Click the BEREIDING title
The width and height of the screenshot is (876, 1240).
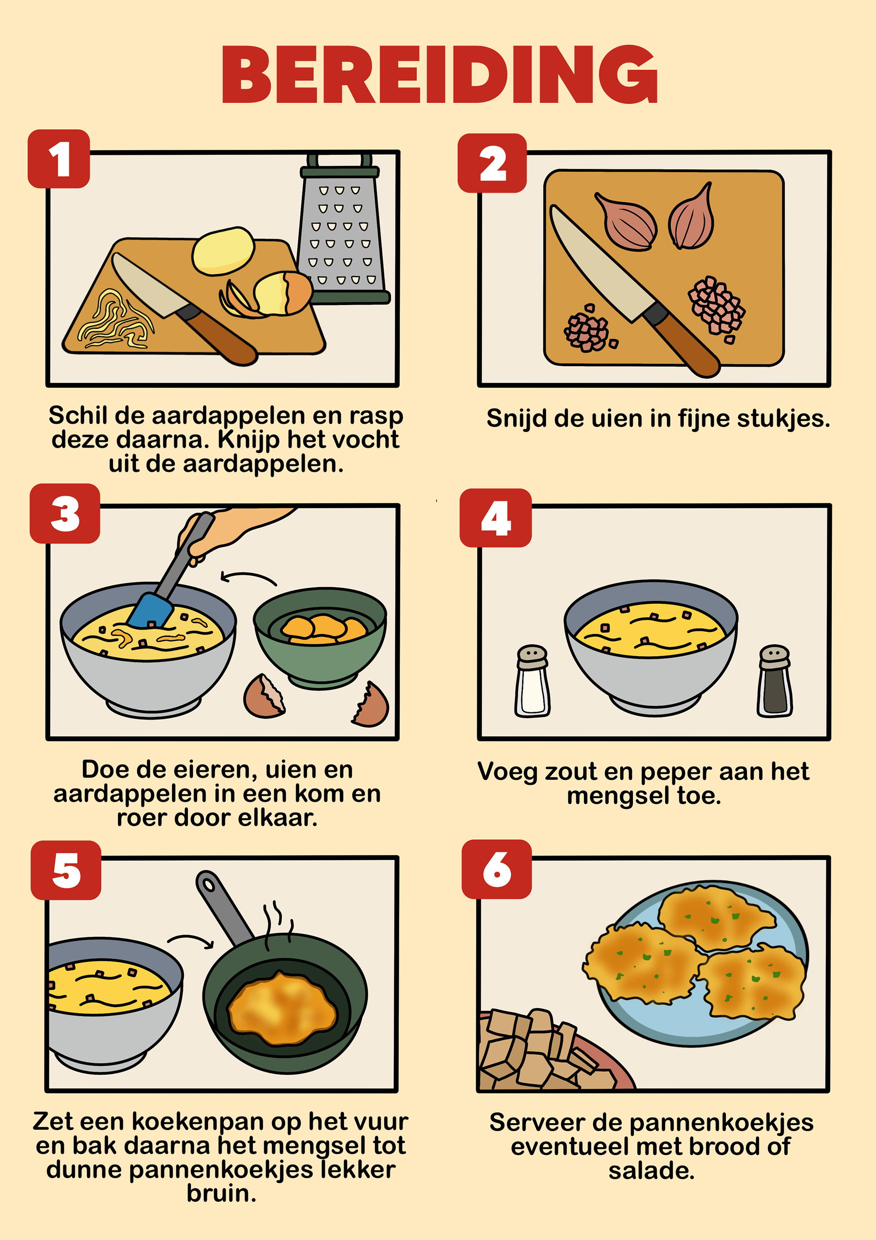[x=439, y=74]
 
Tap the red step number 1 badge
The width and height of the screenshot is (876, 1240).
[x=59, y=159]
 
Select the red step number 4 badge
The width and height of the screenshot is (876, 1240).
[x=495, y=518]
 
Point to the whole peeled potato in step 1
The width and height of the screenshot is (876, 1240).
[x=224, y=251]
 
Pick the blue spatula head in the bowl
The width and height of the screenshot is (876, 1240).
[x=151, y=610]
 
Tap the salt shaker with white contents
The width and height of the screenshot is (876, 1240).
[x=532, y=681]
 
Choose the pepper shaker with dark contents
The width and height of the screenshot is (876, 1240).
[x=775, y=681]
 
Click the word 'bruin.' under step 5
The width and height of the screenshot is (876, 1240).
[x=221, y=1194]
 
